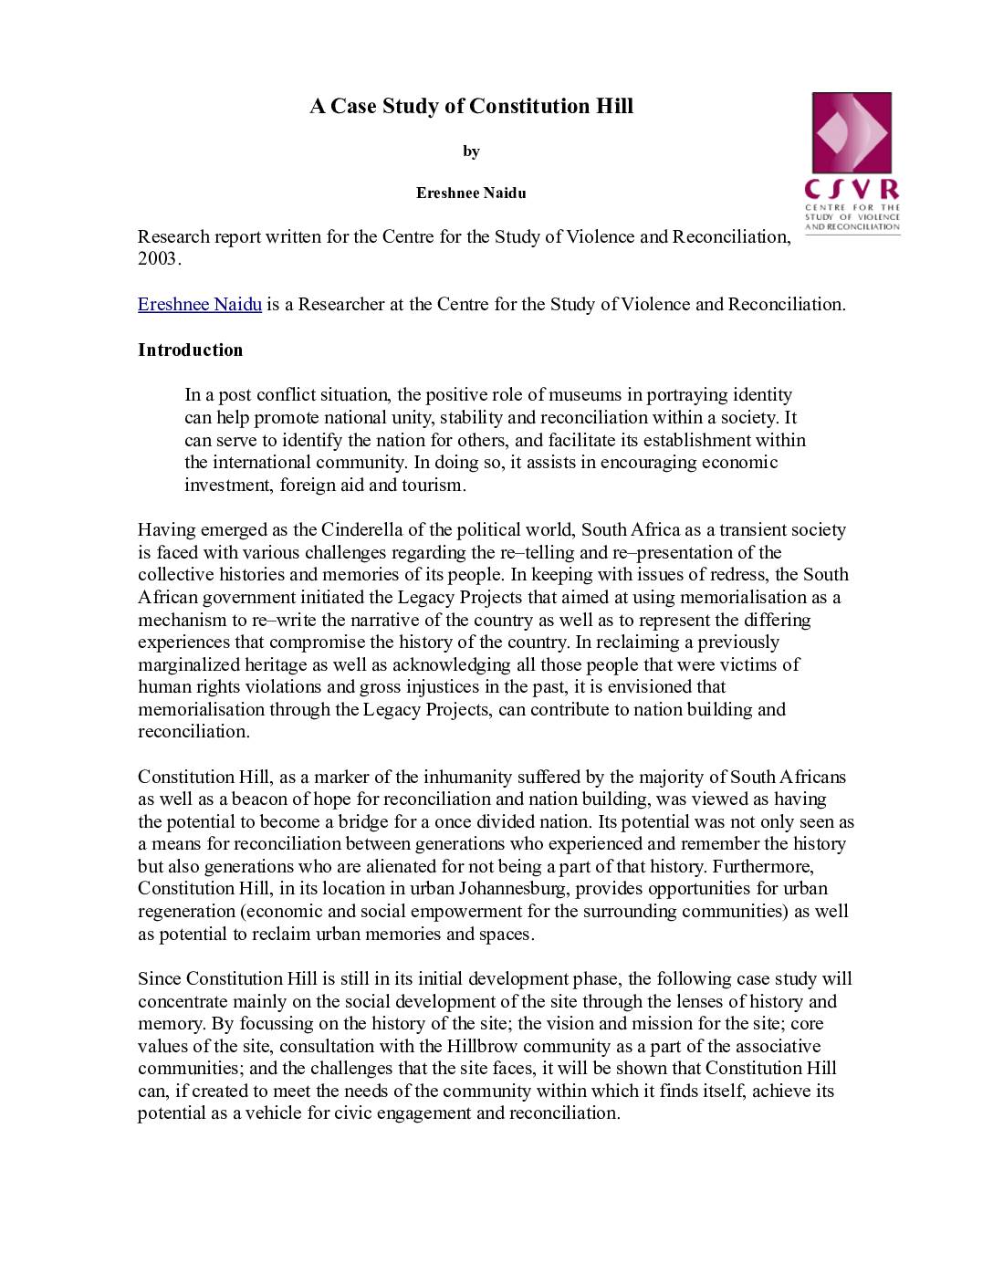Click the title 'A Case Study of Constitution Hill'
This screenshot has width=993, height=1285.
coord(471,107)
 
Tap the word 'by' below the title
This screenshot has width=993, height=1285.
coord(471,151)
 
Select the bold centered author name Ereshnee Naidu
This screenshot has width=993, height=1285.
coord(471,193)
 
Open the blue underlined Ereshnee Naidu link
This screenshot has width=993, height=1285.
coord(200,305)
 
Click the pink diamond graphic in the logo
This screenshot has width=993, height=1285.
coord(851,133)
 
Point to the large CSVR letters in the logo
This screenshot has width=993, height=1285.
coord(852,190)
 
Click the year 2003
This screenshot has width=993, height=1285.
coord(158,259)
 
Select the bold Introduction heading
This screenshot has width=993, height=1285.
coord(190,350)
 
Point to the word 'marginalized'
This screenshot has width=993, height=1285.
coord(189,665)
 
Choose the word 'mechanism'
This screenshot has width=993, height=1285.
coord(183,621)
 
